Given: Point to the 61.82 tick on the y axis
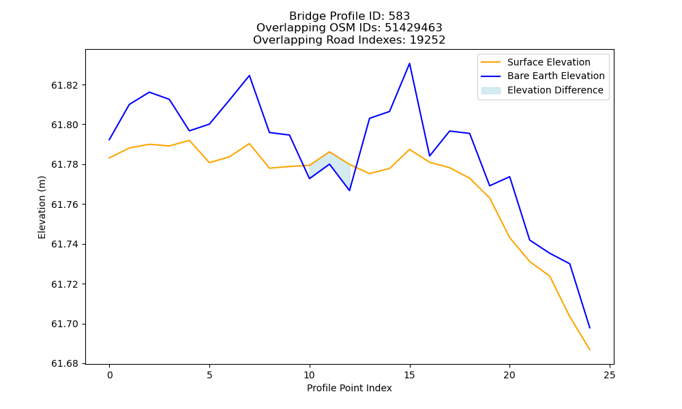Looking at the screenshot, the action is [65, 85].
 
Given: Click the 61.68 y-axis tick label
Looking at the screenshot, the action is [65, 364].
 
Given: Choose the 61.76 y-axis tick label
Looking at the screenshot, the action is [65, 204].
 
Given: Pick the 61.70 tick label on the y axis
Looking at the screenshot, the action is [65, 324].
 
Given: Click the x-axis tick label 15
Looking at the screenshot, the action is [409, 375].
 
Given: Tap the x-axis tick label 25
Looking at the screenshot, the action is [610, 375].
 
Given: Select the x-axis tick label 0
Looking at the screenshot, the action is [110, 375].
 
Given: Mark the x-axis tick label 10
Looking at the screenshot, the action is [309, 375].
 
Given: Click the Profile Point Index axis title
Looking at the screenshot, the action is [349, 388].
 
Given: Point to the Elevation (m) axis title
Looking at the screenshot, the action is [42, 207].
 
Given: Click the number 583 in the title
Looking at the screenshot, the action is [399, 16].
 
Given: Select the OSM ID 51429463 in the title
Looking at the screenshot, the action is [413, 28].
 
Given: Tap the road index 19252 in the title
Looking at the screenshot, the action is [428, 40].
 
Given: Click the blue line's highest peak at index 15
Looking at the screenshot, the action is [409, 63].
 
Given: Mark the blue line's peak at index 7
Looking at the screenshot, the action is [249, 76].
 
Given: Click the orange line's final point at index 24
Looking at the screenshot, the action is [590, 350].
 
